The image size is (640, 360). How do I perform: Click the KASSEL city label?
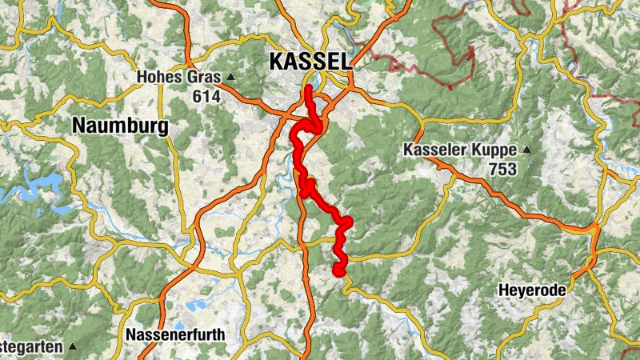310,61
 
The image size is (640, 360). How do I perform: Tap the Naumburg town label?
120,126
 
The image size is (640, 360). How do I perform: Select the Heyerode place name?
532,290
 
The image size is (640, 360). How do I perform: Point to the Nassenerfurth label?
176,334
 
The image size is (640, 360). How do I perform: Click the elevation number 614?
206,96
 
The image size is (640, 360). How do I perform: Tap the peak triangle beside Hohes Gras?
230,78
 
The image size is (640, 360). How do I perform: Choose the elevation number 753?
505,169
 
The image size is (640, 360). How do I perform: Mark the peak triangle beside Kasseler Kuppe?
526,150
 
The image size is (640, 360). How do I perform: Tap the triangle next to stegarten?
72,346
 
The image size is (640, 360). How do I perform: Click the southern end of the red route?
338,272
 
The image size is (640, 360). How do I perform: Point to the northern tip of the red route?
308,87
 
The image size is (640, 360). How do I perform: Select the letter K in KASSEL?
277,61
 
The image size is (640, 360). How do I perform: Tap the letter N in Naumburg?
80,126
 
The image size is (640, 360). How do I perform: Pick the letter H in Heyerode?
504,290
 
